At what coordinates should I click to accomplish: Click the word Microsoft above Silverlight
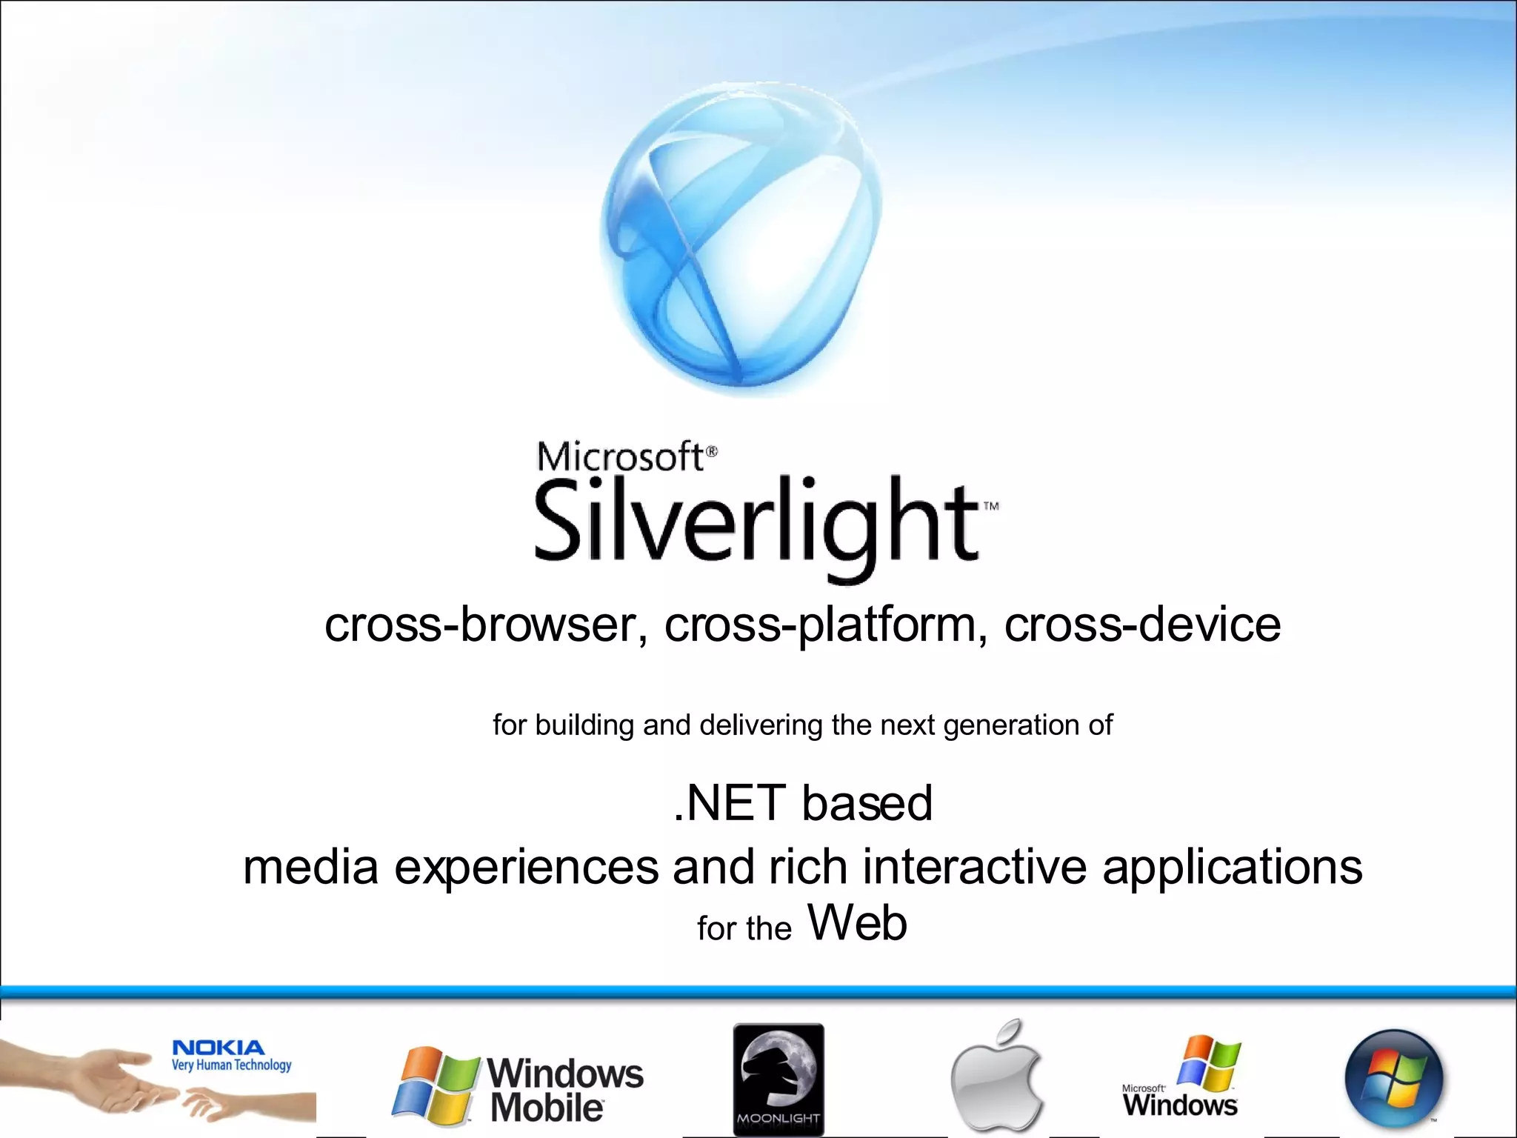621,456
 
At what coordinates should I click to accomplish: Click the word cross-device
1142,625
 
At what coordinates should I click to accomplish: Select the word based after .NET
867,803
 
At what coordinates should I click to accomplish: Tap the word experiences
526,868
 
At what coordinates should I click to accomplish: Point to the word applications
1232,868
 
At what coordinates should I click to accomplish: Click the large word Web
857,923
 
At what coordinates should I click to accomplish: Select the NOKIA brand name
218,1048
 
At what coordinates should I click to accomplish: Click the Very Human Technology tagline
232,1065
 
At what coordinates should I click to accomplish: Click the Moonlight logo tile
778,1079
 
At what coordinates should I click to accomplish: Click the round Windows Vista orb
1394,1078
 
